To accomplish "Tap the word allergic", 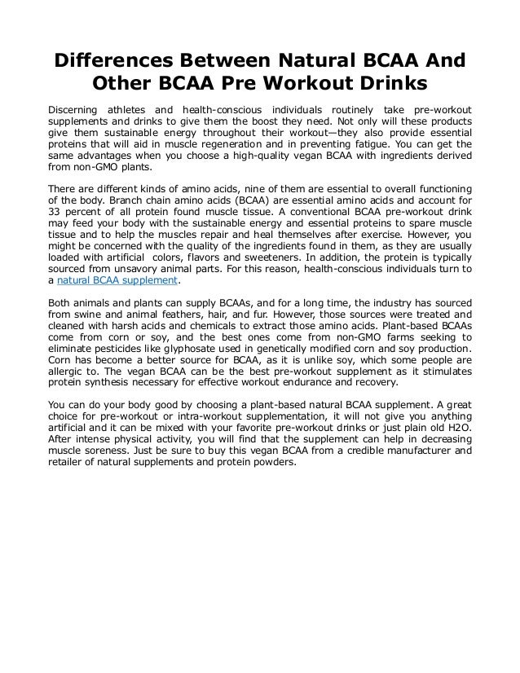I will (x=66, y=384).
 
